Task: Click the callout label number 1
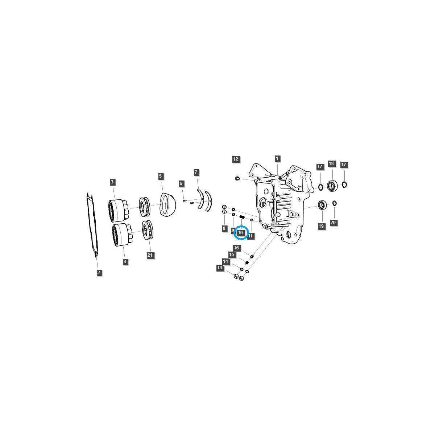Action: [x=277, y=158]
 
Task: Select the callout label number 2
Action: [x=99, y=272]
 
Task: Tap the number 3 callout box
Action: [x=113, y=182]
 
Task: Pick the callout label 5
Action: [x=161, y=176]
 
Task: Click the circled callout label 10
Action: [x=241, y=232]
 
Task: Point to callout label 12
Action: [x=236, y=159]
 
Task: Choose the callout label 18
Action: [x=331, y=163]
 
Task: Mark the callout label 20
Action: [x=333, y=222]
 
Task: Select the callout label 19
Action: [x=321, y=226]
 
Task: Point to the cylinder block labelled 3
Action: [x=117, y=211]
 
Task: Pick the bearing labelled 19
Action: [x=322, y=205]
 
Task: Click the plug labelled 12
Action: [x=237, y=178]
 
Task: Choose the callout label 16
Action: [x=236, y=248]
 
